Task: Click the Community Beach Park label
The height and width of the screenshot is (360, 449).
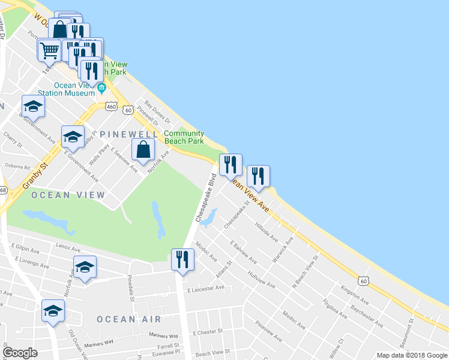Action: (x=184, y=137)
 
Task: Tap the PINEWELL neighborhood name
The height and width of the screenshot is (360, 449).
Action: (x=130, y=134)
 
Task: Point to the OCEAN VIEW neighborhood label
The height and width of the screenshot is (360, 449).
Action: (x=68, y=195)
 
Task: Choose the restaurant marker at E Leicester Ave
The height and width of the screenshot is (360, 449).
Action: (x=181, y=260)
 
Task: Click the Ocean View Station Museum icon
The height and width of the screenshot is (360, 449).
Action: (x=101, y=89)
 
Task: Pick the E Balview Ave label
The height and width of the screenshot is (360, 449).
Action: (x=244, y=252)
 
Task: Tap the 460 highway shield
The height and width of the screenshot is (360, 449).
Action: (x=110, y=106)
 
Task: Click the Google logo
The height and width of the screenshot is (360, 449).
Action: (x=20, y=353)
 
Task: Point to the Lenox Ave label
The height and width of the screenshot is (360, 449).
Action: (x=68, y=248)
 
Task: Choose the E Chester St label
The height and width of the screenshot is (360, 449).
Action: (x=208, y=331)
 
